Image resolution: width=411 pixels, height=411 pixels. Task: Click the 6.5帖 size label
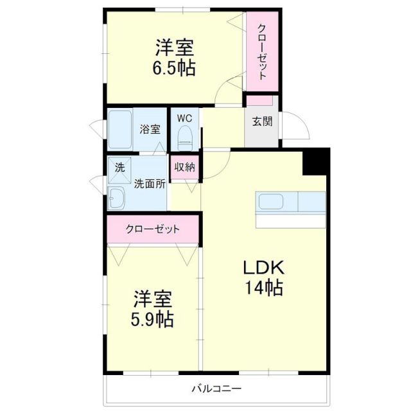[x=175, y=68]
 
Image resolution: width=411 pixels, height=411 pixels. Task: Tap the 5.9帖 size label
[x=153, y=319]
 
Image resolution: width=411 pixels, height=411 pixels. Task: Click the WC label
[x=184, y=118]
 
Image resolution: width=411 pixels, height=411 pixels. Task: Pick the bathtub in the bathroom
[x=121, y=130]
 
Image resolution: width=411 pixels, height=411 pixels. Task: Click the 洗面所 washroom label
[x=150, y=183]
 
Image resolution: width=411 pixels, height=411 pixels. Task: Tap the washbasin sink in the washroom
[x=118, y=198]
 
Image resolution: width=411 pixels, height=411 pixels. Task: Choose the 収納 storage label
[x=185, y=167]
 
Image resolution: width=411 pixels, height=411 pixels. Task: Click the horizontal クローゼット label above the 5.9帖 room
[x=153, y=229]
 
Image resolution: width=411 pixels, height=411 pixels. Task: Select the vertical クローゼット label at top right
[x=262, y=52]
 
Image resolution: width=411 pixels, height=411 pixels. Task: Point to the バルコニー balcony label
[x=216, y=389]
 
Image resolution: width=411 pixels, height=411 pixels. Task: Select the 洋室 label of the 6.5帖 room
[x=175, y=47]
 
